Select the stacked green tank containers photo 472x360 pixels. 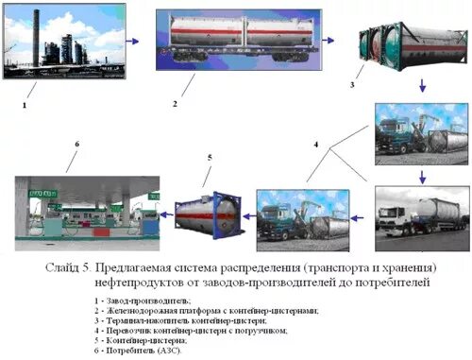[412, 46]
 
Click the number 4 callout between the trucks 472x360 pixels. [316, 146]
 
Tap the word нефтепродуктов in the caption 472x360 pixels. [136, 282]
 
